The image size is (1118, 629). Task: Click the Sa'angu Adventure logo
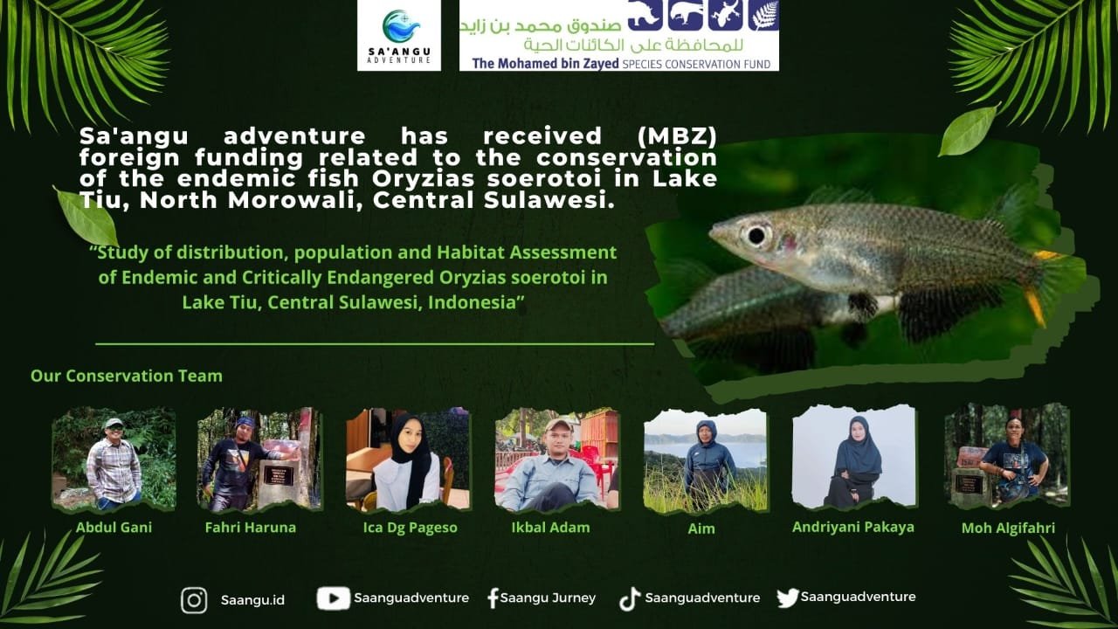(399, 35)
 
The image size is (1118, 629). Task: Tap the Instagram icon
(194, 600)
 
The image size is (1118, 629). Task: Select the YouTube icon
(334, 598)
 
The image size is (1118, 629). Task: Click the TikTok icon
(630, 599)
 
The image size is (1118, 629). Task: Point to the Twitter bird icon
(788, 598)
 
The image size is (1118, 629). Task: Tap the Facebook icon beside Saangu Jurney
(493, 598)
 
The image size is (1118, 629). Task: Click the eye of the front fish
(756, 235)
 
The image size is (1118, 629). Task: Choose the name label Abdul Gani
(114, 527)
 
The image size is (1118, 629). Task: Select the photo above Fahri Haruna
(259, 460)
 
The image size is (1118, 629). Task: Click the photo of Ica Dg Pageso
(408, 460)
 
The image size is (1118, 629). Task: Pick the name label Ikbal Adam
(550, 527)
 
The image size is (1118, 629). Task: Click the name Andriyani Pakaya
(853, 527)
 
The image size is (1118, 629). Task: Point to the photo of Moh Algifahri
(1007, 455)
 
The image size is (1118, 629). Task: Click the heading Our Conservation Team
(127, 376)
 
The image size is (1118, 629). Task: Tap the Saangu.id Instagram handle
(252, 599)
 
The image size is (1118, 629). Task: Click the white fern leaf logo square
(764, 15)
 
